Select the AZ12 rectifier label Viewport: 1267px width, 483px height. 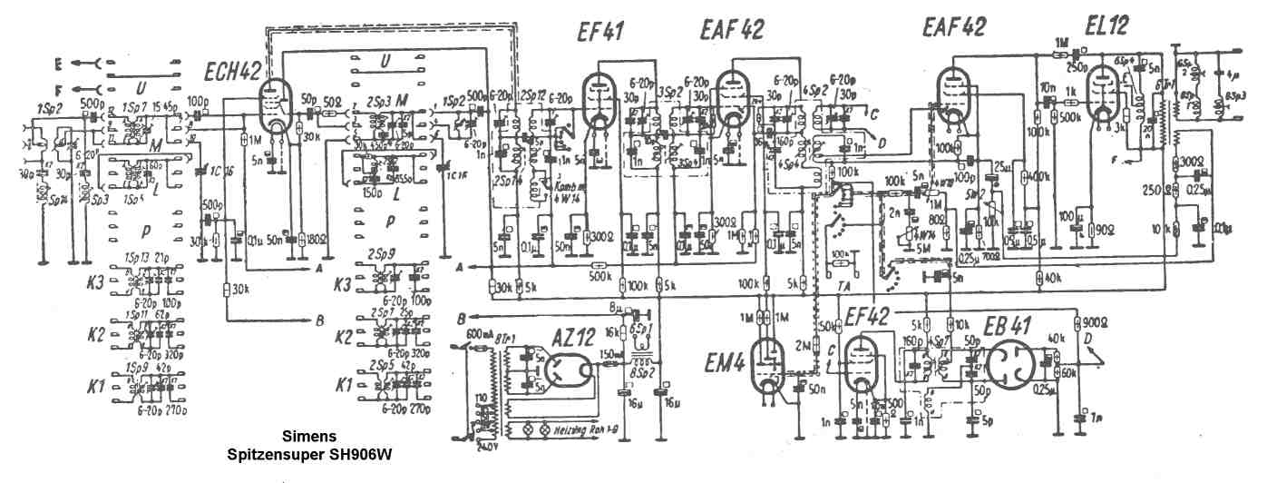pyautogui.click(x=574, y=336)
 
